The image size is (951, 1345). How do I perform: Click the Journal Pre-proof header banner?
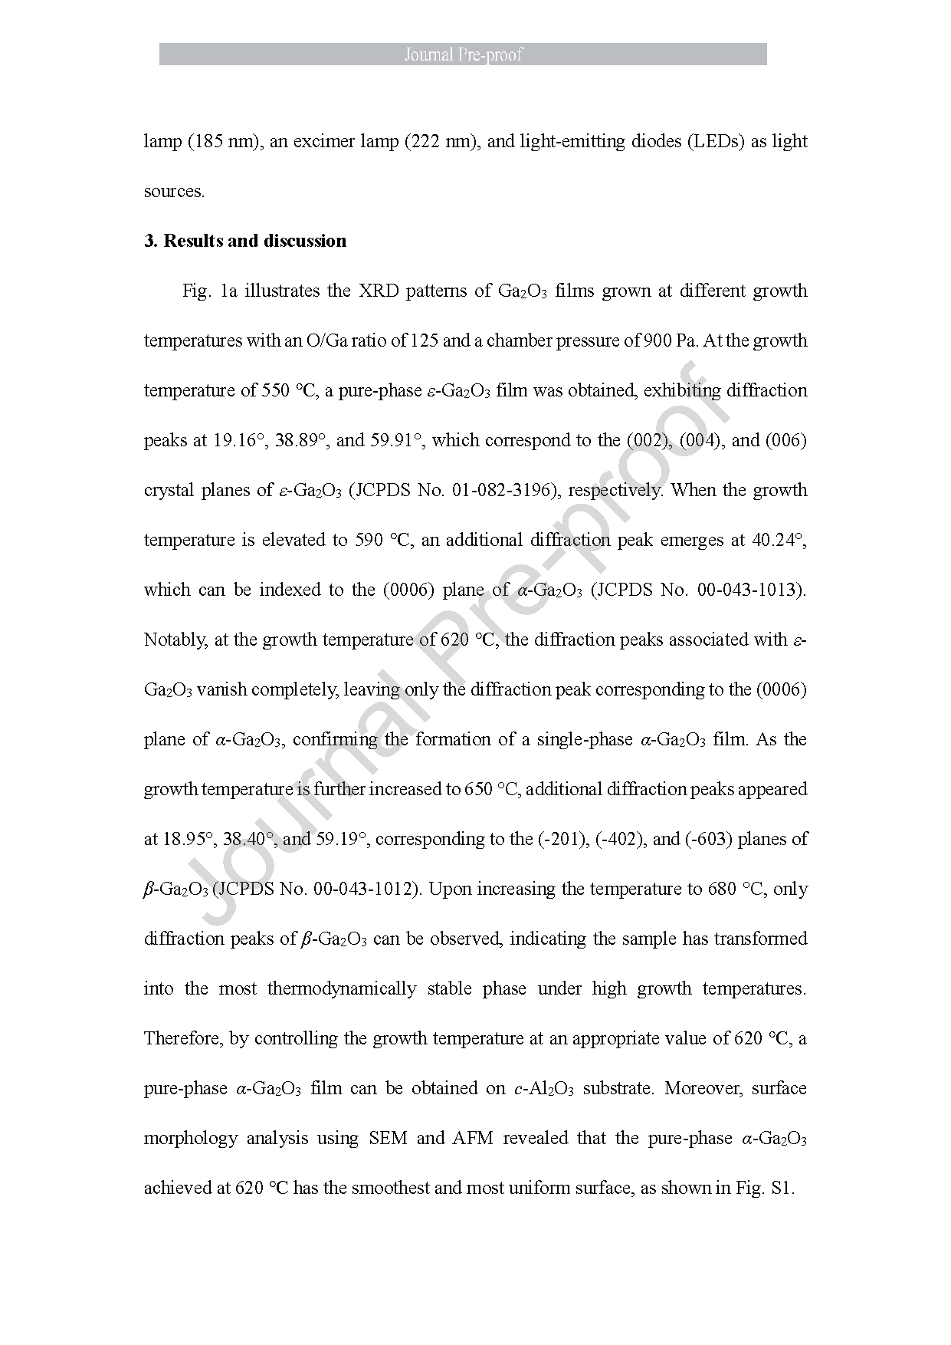(463, 54)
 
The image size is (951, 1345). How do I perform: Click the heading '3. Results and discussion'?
(245, 241)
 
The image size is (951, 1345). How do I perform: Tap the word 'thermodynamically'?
(341, 988)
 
